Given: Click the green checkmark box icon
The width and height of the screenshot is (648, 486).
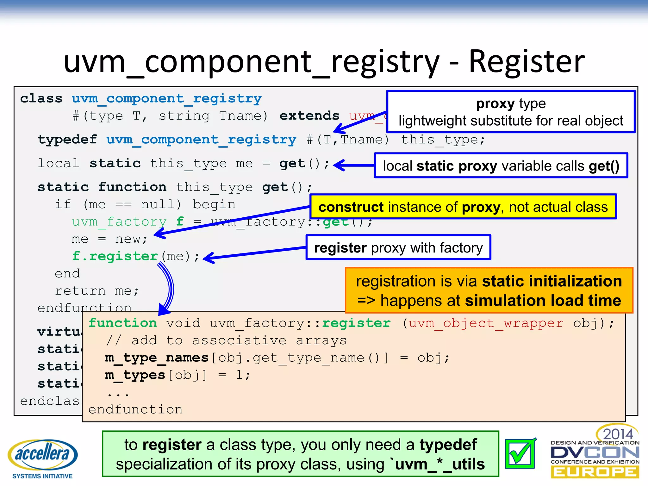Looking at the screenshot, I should pos(520,453).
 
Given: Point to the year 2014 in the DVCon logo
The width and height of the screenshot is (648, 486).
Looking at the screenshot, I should pos(618,434).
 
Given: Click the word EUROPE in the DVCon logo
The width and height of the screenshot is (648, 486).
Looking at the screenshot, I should pos(595,472).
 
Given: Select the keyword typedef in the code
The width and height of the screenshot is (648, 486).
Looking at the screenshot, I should pos(67,140).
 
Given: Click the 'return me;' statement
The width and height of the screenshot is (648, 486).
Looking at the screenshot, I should pos(97,291).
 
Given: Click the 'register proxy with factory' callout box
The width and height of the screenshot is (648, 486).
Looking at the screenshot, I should pos(398,248).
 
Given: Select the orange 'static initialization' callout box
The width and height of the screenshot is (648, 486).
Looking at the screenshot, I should pos(489,290).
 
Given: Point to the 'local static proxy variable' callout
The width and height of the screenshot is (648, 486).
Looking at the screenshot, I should pos(501,166).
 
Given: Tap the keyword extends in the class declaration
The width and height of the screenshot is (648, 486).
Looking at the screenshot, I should pos(309,116).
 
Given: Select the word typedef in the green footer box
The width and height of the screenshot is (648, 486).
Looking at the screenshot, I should pos(448,445).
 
